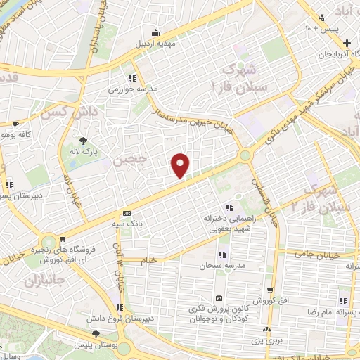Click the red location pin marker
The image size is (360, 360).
pyautogui.click(x=181, y=165)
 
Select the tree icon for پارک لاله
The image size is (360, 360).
pyautogui.click(x=84, y=140)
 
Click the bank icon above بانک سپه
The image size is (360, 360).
pyautogui.click(x=127, y=213)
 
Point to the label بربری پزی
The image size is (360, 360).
pyautogui.click(x=266, y=340)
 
